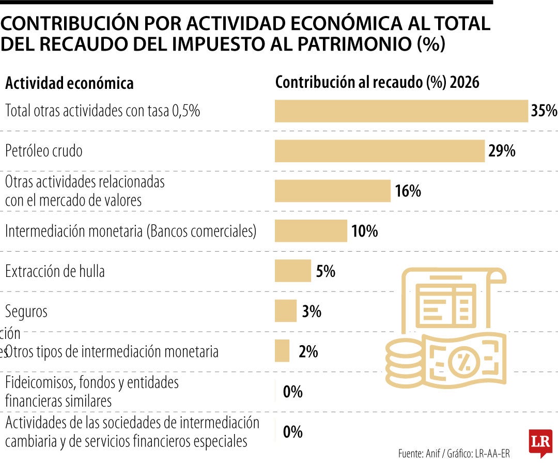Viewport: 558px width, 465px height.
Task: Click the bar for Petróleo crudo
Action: pos(380,151)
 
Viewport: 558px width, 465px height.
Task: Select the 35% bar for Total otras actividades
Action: pos(401,111)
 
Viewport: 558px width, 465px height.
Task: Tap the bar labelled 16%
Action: pos(333,191)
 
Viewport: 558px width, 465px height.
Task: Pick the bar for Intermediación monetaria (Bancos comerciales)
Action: pos(311,231)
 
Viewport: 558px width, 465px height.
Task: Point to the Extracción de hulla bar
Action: pos(292,271)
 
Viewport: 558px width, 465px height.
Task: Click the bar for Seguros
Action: pos(286,311)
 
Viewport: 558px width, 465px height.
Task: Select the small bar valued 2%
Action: pos(282,351)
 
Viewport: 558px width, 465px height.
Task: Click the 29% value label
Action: pos(502,151)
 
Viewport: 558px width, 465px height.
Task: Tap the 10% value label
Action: pos(364,231)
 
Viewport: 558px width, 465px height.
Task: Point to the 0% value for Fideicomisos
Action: pos(292,392)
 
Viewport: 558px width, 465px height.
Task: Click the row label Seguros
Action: pos(26,312)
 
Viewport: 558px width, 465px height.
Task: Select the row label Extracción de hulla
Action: pos(55,271)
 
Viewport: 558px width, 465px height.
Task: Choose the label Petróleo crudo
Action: pos(44,151)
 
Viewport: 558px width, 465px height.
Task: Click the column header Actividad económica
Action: pos(69,83)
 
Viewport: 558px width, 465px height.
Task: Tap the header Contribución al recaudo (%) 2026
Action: pos(377,83)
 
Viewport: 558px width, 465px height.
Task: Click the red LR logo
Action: pos(540,442)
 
